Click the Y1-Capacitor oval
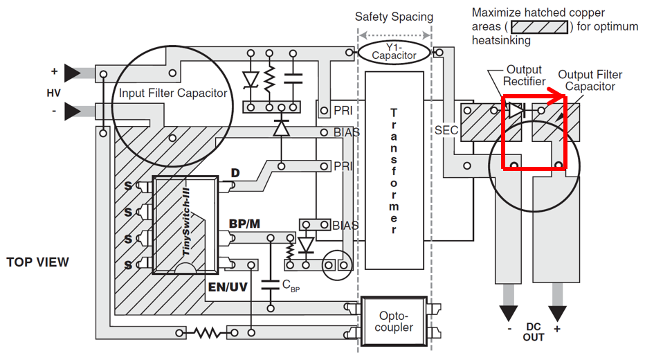394,52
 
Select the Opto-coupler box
394,321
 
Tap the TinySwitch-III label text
186,222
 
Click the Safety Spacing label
394,17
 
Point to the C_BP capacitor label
291,285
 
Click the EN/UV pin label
228,287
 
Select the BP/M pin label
244,224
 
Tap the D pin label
235,173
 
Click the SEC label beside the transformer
446,130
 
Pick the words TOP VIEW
38,262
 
